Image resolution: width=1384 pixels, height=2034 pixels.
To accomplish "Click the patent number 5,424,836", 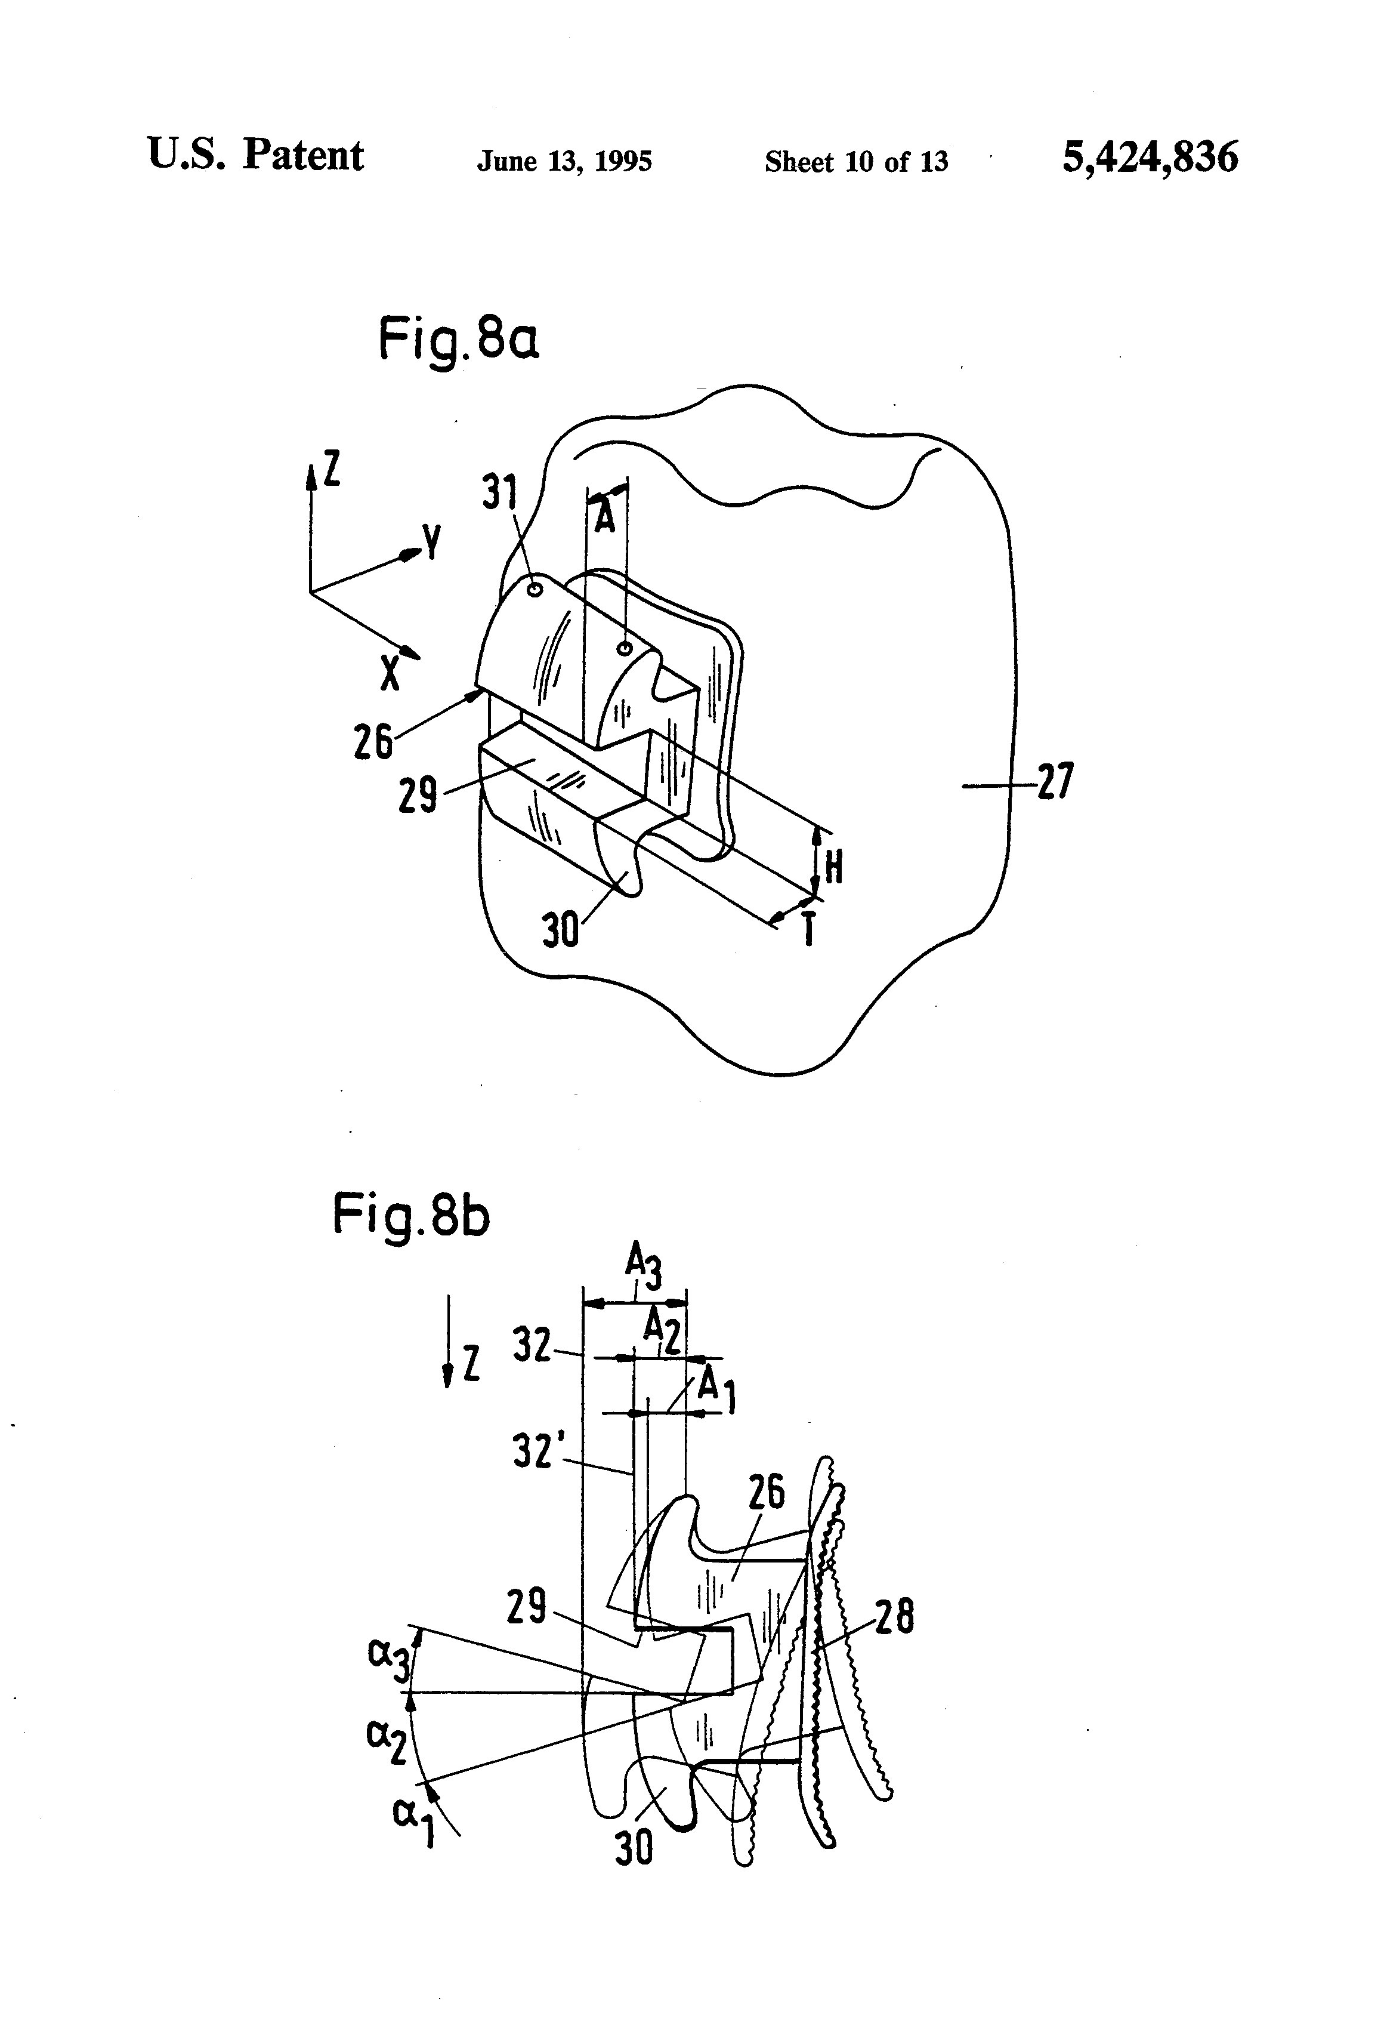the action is tap(1150, 158).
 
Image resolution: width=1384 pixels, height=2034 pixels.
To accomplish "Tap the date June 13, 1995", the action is tap(564, 161).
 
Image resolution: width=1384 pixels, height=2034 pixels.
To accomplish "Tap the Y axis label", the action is tap(431, 543).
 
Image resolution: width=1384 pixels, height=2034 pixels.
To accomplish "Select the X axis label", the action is tap(390, 672).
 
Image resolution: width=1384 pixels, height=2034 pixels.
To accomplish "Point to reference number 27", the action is tap(1055, 781).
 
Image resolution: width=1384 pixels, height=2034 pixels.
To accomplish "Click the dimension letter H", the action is tap(834, 867).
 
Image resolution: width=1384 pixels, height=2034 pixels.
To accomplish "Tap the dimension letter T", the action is tap(810, 929).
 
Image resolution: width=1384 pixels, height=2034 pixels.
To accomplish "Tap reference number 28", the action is tap(895, 1617).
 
